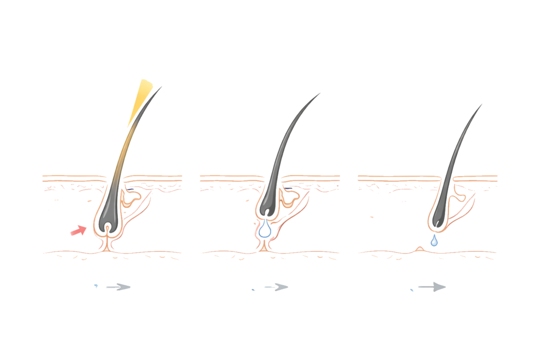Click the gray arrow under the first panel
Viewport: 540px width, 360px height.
click(x=118, y=287)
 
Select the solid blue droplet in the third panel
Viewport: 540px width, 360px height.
click(x=433, y=241)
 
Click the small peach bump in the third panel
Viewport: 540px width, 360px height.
click(x=420, y=249)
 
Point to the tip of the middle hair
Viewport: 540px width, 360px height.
click(x=320, y=94)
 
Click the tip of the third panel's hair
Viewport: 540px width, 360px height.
click(x=481, y=104)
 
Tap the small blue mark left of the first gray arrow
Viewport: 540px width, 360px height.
click(x=96, y=287)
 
